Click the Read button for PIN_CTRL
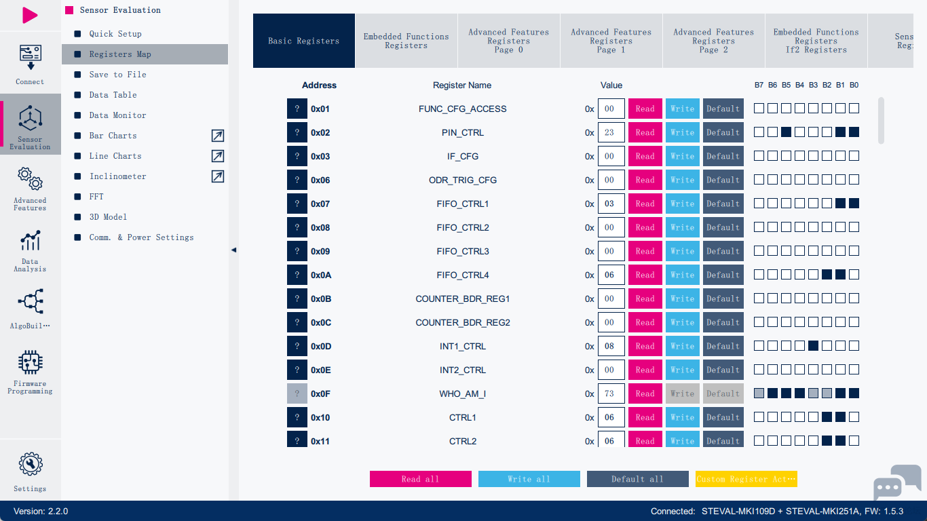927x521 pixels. coord(645,132)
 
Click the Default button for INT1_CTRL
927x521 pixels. coord(723,346)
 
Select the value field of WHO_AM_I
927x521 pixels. coord(611,393)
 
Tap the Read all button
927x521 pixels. coord(420,479)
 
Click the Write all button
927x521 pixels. coord(529,479)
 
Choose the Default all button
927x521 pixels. coord(637,479)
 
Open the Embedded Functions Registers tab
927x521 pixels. coord(406,41)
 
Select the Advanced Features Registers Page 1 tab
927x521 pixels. coord(611,41)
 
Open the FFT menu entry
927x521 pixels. coord(96,197)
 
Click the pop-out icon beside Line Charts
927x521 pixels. coord(217,156)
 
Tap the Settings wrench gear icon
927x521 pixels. coord(30,465)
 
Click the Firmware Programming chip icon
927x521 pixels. coord(30,362)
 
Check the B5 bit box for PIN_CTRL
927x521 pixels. coord(786,132)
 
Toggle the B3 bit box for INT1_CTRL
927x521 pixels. coord(813,346)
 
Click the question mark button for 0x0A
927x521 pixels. coord(297,275)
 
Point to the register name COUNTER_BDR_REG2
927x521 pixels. coord(462,322)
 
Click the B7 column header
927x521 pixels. coord(759,85)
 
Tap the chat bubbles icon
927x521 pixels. coord(896,482)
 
